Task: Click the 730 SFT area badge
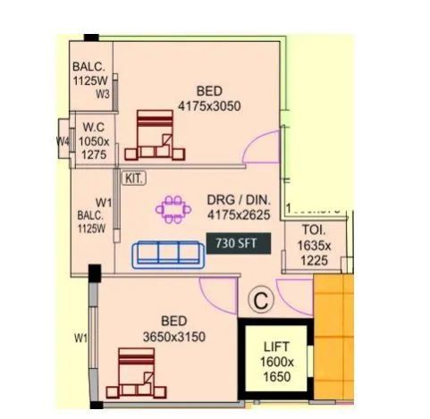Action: pyautogui.click(x=237, y=242)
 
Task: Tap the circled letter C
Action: pyautogui.click(x=259, y=301)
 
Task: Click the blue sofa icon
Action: pyautogui.click(x=165, y=254)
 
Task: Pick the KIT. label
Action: pyautogui.click(x=134, y=179)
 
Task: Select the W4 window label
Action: pyautogui.click(x=63, y=141)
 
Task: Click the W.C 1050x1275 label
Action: pyautogui.click(x=95, y=141)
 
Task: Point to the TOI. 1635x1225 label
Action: pyautogui.click(x=314, y=247)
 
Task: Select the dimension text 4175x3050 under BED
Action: pyautogui.click(x=210, y=105)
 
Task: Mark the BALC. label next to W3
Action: pyautogui.click(x=89, y=66)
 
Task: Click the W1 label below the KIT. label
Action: pyautogui.click(x=104, y=202)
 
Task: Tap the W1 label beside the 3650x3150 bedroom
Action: pyautogui.click(x=80, y=337)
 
